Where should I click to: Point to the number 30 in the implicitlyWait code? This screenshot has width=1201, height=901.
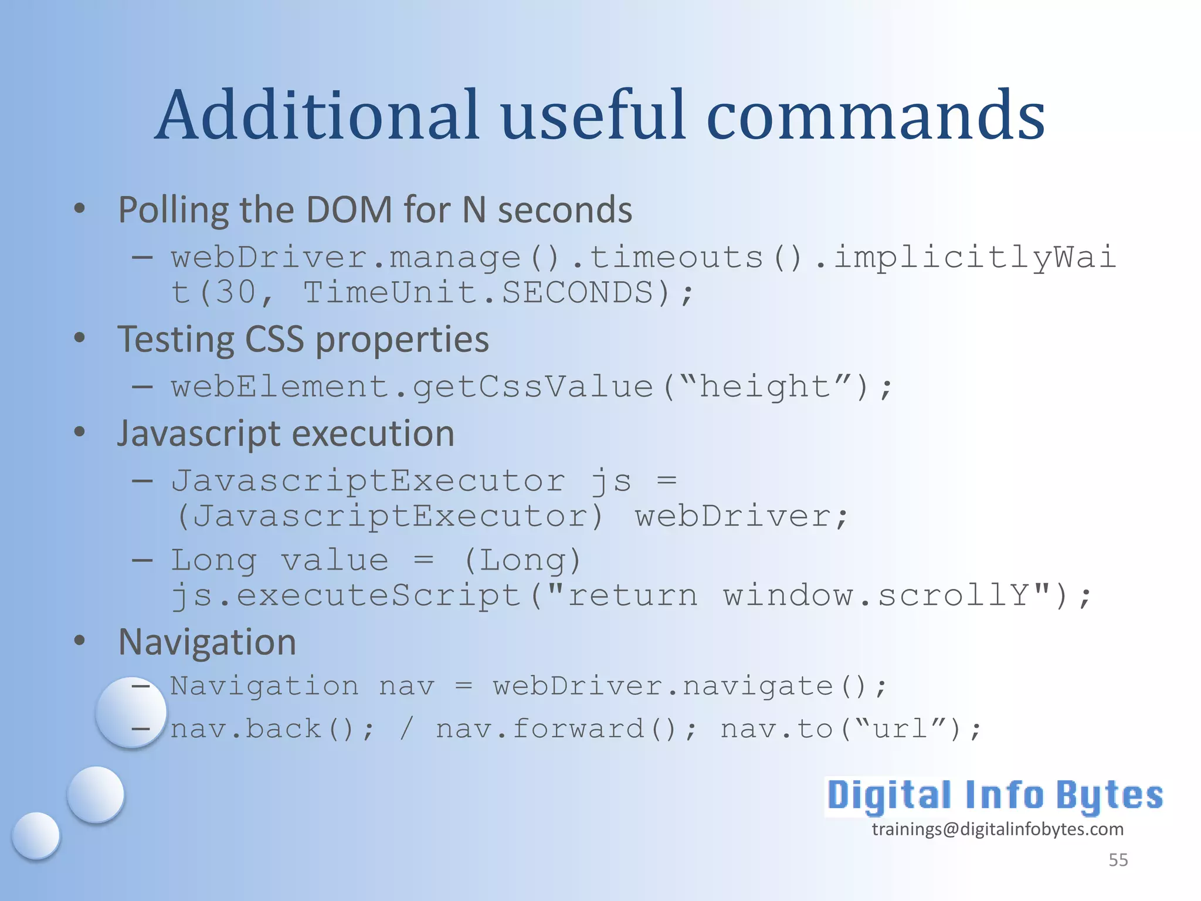(x=235, y=292)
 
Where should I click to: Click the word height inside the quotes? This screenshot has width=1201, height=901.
(x=765, y=387)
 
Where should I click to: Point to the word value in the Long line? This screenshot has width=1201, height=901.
(x=335, y=560)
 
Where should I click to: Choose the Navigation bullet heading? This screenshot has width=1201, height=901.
(x=207, y=642)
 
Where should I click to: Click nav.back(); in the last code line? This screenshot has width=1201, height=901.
(x=272, y=729)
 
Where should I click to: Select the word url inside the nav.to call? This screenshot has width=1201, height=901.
(x=900, y=729)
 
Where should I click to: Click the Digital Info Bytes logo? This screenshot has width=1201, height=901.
(x=995, y=796)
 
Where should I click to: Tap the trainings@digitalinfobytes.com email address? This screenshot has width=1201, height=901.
(x=998, y=829)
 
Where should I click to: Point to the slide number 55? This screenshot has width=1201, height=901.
(x=1118, y=860)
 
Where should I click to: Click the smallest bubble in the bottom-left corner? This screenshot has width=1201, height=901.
(x=36, y=835)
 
